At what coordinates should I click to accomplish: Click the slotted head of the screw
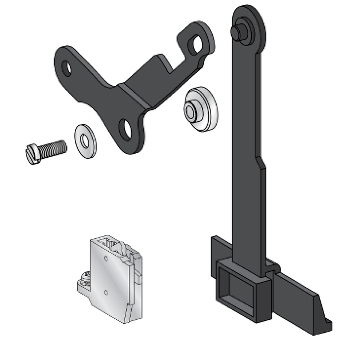[x=32, y=154]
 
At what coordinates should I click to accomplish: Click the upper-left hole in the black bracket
[x=67, y=68]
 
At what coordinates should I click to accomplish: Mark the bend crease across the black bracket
[x=135, y=95]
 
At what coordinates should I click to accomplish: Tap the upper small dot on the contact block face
[x=106, y=258]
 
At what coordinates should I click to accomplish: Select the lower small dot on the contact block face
[x=106, y=291]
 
